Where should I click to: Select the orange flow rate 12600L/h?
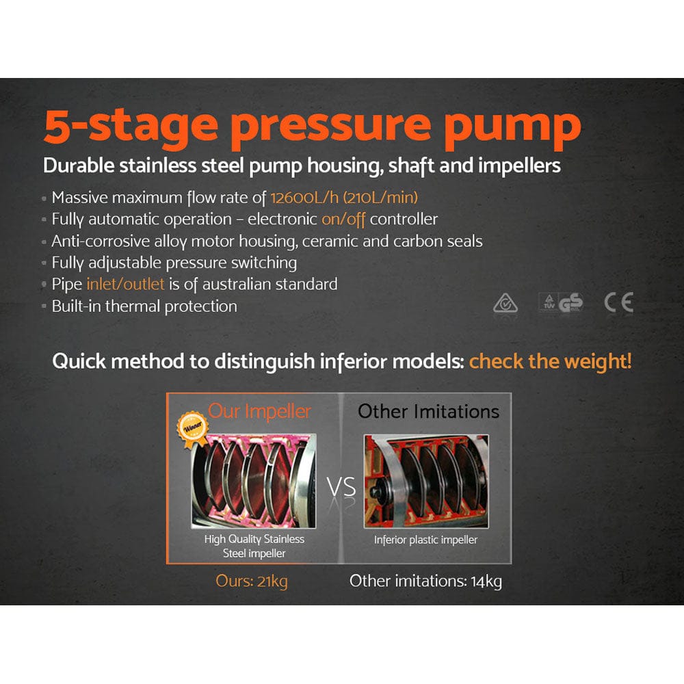305,198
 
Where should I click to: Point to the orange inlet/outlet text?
125,284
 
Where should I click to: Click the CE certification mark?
618,302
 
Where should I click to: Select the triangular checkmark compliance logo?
505,303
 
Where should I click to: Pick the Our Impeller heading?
259,411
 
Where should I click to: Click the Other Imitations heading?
429,411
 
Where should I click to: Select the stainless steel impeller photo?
254,481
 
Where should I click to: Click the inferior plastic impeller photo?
425,481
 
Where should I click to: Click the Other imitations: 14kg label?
425,581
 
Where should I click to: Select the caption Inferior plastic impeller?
425,540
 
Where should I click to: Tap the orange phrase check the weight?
550,362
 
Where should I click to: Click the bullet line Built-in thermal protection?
144,306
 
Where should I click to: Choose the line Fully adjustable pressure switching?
174,263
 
